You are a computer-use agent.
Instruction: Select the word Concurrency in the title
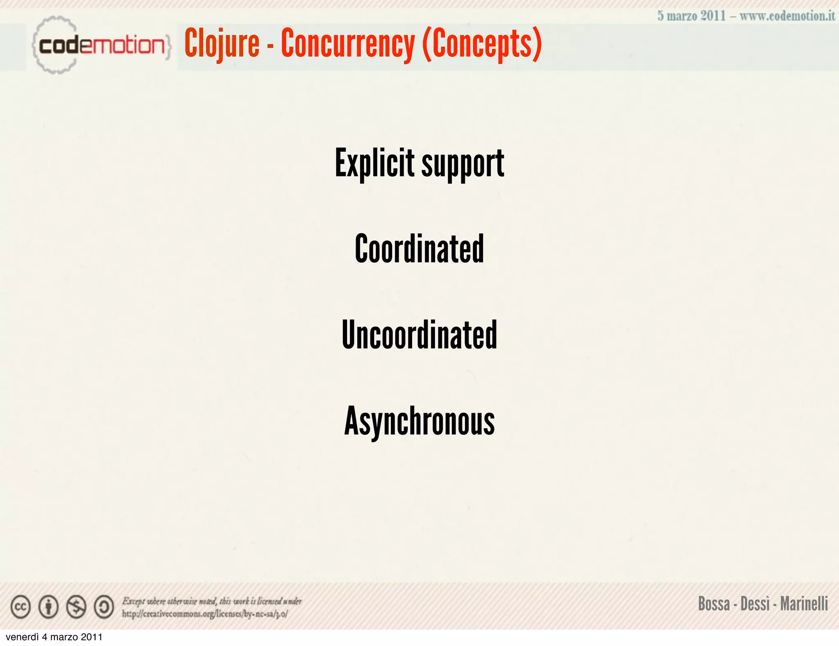tap(348, 44)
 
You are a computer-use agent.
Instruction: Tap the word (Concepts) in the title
tap(482, 44)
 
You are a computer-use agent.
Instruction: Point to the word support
tap(463, 165)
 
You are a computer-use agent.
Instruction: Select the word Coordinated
tap(419, 249)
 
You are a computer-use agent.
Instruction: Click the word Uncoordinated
tap(419, 335)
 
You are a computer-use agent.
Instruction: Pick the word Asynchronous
tap(419, 421)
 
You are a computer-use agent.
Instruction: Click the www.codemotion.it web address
tap(787, 16)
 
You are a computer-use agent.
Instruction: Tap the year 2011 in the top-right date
tap(713, 16)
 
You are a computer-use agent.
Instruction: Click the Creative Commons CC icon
tap(20, 607)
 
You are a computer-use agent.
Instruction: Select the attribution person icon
tap(48, 607)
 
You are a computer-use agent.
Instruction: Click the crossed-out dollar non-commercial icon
tap(76, 607)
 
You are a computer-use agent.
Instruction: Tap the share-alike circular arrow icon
tap(104, 607)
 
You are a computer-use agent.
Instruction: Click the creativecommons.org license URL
tap(205, 614)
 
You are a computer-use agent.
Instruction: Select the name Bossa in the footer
tap(714, 604)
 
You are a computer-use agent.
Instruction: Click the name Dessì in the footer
tap(755, 604)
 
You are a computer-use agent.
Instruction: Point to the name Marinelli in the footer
tap(804, 604)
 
